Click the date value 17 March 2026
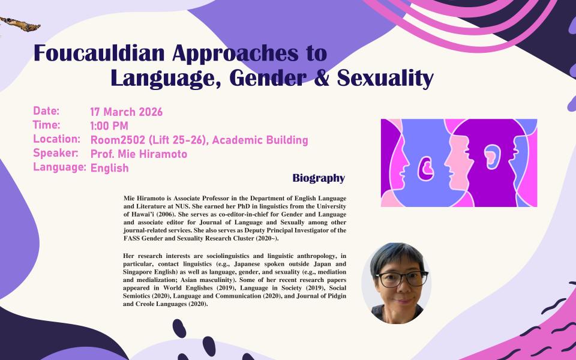pyautogui.click(x=126, y=112)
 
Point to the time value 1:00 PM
pyautogui.click(x=109, y=126)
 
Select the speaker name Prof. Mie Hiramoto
pyautogui.click(x=139, y=154)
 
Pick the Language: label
pyautogui.click(x=59, y=167)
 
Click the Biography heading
pyautogui.click(x=319, y=178)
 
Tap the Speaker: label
pyautogui.click(x=56, y=153)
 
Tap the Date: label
pyautogui.click(x=46, y=111)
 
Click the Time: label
pyautogui.click(x=47, y=125)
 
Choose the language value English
pyautogui.click(x=109, y=168)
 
